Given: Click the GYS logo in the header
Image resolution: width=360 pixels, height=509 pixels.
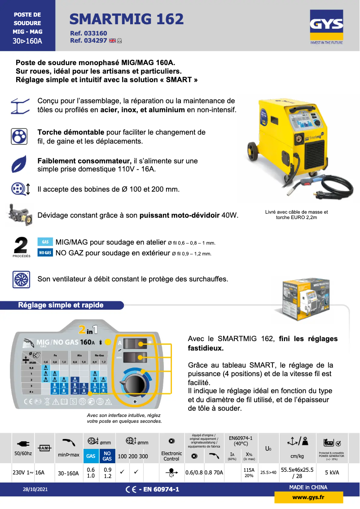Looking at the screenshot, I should coord(326,28).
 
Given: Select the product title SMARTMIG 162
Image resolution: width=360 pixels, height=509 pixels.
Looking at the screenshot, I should coord(127,19).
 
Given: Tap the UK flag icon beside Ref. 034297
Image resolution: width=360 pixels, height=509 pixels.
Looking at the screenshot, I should coord(112,40).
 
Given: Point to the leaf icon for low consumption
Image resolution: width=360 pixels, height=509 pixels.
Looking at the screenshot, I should coord(20,165).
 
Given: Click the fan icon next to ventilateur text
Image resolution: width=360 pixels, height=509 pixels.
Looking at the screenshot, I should coord(20,279).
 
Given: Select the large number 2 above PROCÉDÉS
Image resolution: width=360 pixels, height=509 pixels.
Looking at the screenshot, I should coord(21,246).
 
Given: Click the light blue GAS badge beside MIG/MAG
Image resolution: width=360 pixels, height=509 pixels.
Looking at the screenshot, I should coord(45,242).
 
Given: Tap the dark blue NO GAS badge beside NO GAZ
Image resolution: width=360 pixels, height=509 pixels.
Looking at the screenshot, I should coord(45,253).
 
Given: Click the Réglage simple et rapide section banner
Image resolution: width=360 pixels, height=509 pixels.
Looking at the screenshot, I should coord(61,305).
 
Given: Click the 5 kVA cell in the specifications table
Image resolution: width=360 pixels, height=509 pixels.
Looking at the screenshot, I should coord(332,473).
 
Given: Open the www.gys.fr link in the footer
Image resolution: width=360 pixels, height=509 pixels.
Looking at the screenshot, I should coord(308,497).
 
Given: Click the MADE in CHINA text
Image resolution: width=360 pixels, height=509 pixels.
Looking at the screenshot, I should coord(308,487).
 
